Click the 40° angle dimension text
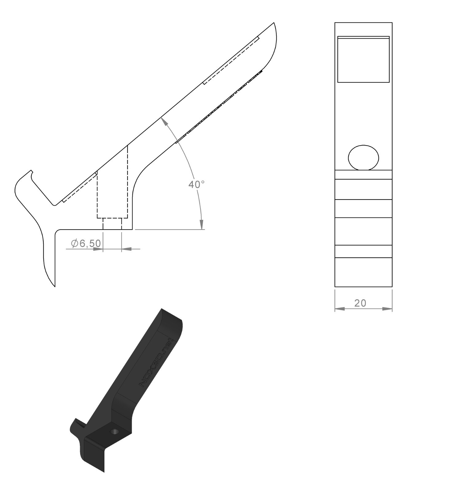pyautogui.click(x=196, y=184)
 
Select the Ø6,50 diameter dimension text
pyautogui.click(x=86, y=243)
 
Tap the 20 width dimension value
pyautogui.click(x=360, y=303)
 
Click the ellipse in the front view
pyautogui.click(x=363, y=157)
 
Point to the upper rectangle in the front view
pyautogui.click(x=363, y=60)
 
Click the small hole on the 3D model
pyautogui.click(x=115, y=432)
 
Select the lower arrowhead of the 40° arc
pyautogui.click(x=201, y=224)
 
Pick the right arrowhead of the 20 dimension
pyautogui.click(x=388, y=309)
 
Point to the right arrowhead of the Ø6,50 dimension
pyautogui.click(x=127, y=249)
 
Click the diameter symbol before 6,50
pyautogui.click(x=75, y=243)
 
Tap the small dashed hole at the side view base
pyautogui.click(x=112, y=224)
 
